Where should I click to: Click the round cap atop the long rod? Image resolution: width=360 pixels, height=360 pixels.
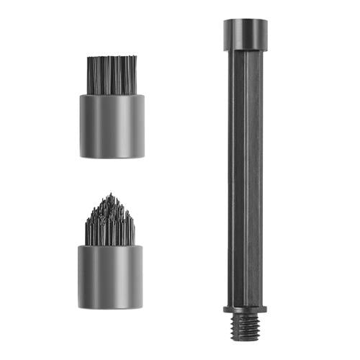point(247,35)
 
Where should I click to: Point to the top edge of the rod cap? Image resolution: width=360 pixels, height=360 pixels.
point(247,21)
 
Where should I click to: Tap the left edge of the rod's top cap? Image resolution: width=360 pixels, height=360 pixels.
point(225,35)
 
